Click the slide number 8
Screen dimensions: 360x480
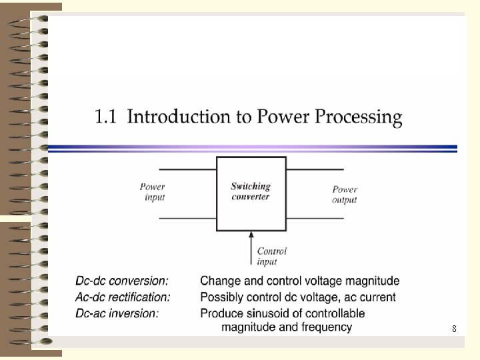click(454, 329)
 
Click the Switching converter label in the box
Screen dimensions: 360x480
click(251, 191)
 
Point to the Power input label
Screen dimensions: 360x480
click(153, 192)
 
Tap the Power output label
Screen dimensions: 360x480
click(345, 195)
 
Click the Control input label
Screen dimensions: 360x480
click(271, 257)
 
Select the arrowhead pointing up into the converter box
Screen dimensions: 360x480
click(251, 235)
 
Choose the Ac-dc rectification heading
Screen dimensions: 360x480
click(123, 297)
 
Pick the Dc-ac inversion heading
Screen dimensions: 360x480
click(117, 313)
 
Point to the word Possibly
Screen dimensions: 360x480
click(222, 297)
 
